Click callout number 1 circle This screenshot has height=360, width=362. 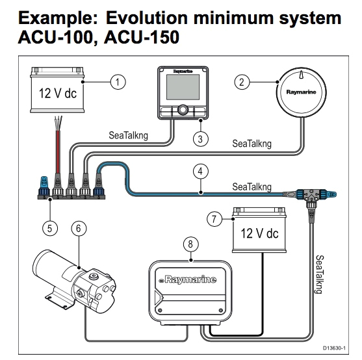click(118, 81)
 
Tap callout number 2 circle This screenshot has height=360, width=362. click(242, 82)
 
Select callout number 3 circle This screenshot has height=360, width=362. click(201, 138)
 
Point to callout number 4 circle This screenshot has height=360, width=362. click(201, 172)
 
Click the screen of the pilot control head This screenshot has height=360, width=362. click(183, 88)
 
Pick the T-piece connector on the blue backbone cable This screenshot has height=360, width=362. click(305, 194)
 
